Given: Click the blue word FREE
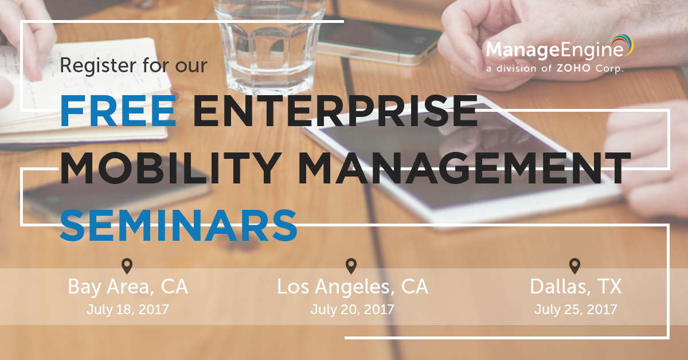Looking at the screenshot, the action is coord(118,111).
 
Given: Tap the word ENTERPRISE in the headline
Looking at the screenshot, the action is coord(335,111).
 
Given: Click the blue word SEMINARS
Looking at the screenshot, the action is coord(179,225).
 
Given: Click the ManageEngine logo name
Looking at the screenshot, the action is coord(555,50).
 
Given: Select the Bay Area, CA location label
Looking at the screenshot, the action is coord(128,287).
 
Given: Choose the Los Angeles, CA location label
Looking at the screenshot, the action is coord(353,287).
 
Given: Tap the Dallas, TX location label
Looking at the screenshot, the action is coord(576,287).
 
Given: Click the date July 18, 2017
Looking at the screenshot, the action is coord(128,310).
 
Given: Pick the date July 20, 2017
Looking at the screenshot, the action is coord(352,310).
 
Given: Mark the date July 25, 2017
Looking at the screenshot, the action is coord(576,310).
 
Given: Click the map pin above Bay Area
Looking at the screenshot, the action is coord(127,266).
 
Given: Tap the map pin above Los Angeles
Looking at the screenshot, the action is coord(351,266).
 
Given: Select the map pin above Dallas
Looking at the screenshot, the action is coord(574,266).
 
